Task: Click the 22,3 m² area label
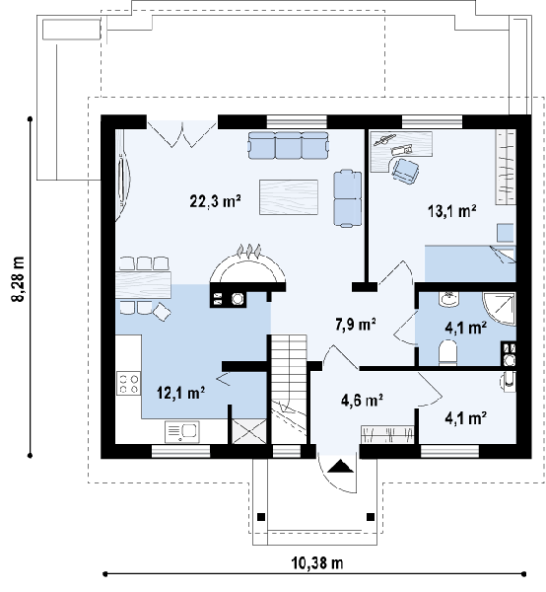click(215, 201)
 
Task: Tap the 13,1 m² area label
click(451, 211)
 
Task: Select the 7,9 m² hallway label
click(355, 325)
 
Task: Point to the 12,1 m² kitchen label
click(181, 393)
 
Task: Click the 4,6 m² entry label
click(362, 401)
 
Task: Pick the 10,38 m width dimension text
click(317, 563)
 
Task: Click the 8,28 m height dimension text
click(18, 279)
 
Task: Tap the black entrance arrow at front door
click(340, 466)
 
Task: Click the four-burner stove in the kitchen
click(128, 383)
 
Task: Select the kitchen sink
click(181, 432)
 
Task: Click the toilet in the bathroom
click(448, 352)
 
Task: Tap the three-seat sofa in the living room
click(288, 145)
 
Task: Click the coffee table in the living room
click(289, 197)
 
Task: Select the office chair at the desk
click(405, 171)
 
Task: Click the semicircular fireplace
click(247, 267)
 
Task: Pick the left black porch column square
click(261, 517)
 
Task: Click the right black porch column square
click(371, 516)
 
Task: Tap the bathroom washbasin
click(448, 299)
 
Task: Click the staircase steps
click(289, 389)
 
